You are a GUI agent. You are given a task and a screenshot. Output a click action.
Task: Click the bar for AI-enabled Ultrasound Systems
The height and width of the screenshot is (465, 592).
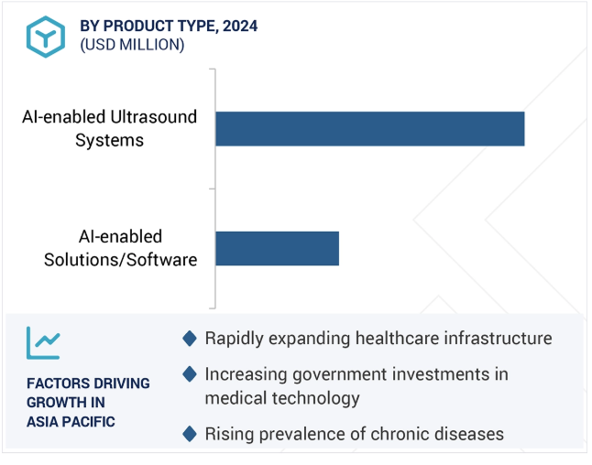[370, 128]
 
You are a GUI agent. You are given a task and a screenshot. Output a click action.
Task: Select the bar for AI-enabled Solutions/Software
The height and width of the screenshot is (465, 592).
[277, 249]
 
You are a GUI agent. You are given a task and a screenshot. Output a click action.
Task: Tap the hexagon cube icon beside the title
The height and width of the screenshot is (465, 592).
[46, 37]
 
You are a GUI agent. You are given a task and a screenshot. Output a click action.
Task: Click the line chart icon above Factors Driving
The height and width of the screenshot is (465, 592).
[43, 343]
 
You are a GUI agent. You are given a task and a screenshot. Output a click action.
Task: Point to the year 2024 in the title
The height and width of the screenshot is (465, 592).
[240, 26]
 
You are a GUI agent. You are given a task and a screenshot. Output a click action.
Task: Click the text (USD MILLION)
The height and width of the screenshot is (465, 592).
[132, 45]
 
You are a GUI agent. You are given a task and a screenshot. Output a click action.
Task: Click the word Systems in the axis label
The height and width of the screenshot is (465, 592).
[109, 140]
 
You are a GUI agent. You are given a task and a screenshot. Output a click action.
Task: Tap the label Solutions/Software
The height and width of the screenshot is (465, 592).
[120, 259]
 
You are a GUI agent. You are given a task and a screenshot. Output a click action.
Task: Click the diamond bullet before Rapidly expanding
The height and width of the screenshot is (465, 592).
[190, 339]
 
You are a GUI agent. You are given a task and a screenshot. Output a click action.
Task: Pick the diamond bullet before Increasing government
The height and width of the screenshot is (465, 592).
[190, 374]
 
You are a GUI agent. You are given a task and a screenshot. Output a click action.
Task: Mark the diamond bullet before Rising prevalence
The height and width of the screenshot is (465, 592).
[190, 434]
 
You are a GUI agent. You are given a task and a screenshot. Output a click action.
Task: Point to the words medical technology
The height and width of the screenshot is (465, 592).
[282, 398]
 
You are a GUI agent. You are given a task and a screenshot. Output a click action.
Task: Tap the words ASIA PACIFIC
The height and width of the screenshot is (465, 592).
[71, 422]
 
